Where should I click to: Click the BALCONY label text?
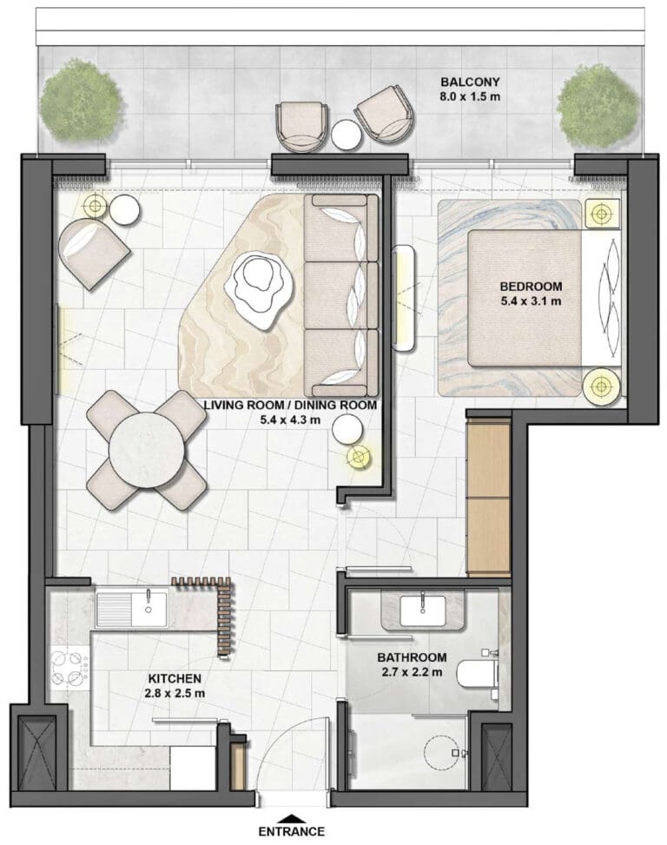click(x=470, y=82)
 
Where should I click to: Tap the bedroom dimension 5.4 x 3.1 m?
click(x=531, y=300)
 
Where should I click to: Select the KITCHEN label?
click(x=175, y=679)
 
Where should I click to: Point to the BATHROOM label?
click(x=412, y=657)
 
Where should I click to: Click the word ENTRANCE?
click(x=292, y=831)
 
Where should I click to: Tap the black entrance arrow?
click(x=291, y=818)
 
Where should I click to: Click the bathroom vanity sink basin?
click(x=423, y=611)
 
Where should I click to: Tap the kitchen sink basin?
click(x=149, y=610)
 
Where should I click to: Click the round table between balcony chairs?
click(x=346, y=135)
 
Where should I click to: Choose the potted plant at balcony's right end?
click(x=597, y=107)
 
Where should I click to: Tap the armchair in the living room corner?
click(x=94, y=254)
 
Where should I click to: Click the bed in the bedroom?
click(x=545, y=298)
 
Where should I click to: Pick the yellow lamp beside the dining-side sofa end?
click(x=359, y=458)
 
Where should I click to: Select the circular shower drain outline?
click(x=439, y=753)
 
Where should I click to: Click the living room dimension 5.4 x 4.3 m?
click(x=291, y=419)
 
